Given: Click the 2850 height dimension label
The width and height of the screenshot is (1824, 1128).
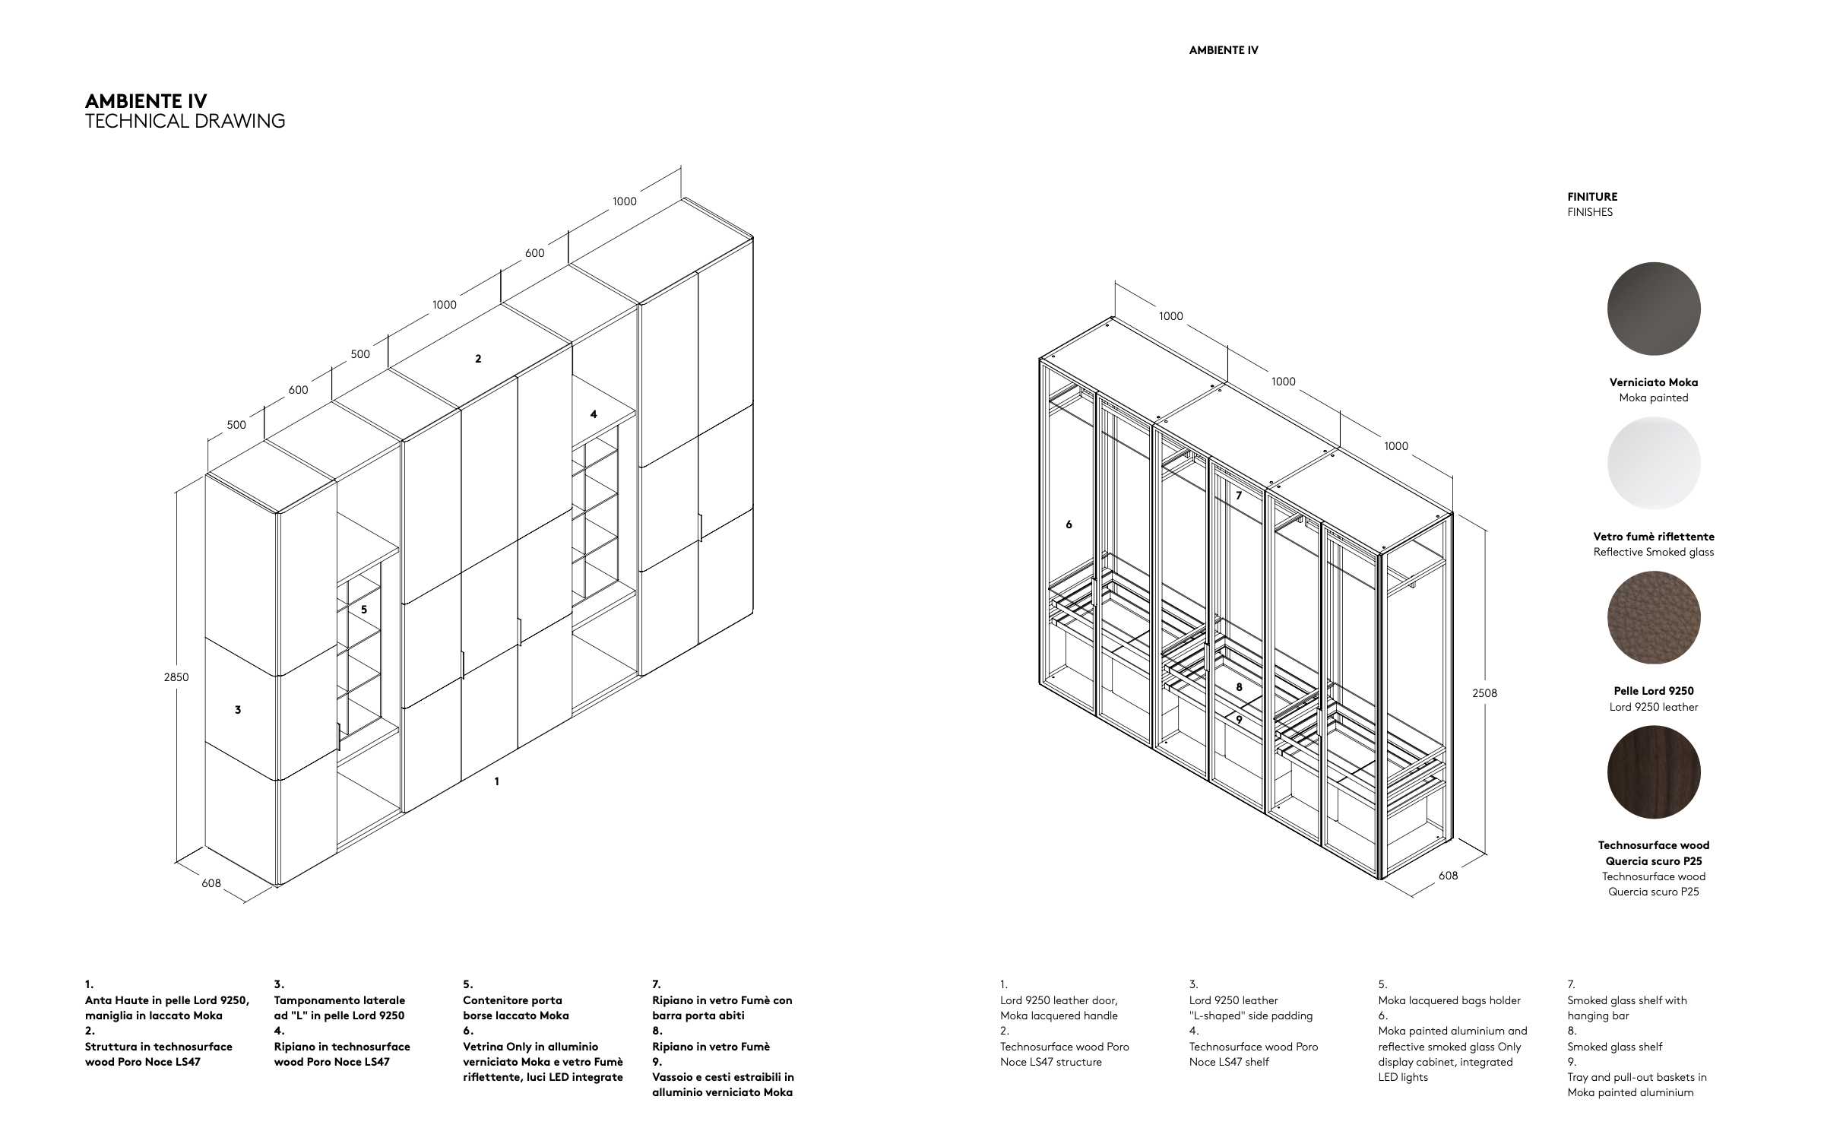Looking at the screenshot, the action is (176, 677).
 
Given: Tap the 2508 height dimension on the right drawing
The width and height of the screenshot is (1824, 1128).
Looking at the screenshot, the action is (1484, 693).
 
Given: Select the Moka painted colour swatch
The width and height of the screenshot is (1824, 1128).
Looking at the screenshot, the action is (1653, 309).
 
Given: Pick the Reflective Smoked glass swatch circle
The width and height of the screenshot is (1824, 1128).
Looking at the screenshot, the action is (1653, 463).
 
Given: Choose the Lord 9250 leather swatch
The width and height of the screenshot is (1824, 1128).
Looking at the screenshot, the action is (1653, 617).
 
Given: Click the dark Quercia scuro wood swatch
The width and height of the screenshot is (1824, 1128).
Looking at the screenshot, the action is (1653, 772).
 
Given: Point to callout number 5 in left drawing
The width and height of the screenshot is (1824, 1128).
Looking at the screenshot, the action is (364, 610).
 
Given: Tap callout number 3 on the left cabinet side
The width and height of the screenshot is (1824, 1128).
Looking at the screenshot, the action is (238, 710).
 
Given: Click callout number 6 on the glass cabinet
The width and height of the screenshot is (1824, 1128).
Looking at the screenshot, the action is (1069, 524).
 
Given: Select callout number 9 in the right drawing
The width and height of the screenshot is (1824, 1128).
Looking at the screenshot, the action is (1239, 719).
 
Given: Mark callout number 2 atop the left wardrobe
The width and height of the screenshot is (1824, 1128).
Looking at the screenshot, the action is (478, 359).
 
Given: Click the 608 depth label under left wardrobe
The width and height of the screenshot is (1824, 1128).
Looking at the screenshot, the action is (211, 883).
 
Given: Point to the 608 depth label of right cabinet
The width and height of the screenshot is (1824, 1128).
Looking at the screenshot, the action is (1449, 876).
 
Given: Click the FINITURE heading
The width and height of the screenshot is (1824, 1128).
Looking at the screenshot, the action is (1592, 197).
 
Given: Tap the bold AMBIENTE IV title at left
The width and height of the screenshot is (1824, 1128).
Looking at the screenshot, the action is (146, 101).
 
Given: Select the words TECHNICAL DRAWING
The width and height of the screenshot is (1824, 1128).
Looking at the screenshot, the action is (185, 121).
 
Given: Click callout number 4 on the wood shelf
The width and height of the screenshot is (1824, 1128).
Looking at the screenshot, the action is (594, 414).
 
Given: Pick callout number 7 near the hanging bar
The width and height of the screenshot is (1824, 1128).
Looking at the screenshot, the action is (1239, 496).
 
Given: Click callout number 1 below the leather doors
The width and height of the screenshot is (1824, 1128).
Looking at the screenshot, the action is (497, 781).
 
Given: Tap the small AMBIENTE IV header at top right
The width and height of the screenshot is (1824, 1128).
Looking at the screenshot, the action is (1224, 50).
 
